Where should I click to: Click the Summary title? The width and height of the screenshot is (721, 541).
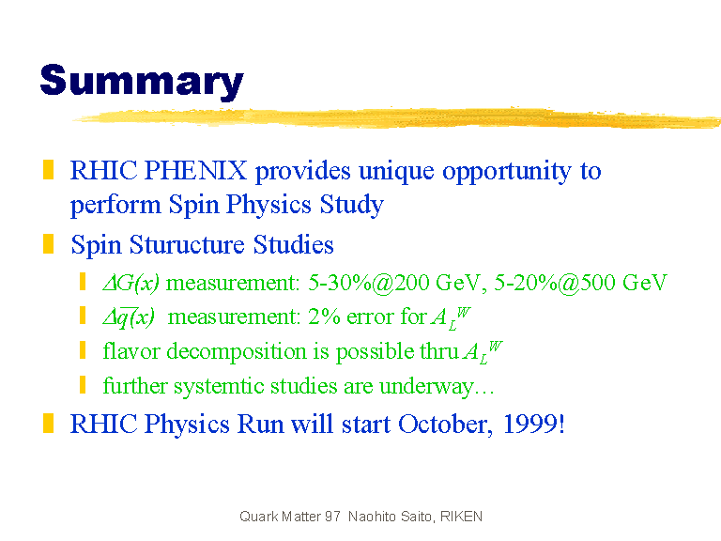pos(142,82)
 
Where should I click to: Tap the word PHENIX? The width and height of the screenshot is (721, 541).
pos(196,170)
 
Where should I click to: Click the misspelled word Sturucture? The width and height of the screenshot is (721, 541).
pos(187,244)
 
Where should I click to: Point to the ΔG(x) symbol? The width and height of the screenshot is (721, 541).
pos(131,283)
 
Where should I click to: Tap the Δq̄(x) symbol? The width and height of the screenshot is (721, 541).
pos(129,317)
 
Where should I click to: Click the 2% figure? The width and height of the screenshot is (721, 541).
pos(324,317)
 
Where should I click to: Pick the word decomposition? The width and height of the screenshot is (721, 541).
pos(237,352)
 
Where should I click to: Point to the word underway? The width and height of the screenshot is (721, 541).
pos(426,387)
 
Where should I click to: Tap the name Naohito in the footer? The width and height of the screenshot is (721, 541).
pos(372,517)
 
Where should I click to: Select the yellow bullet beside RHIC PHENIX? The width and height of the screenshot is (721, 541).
pos(48,169)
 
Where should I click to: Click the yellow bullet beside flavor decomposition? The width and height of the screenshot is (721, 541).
pos(83,350)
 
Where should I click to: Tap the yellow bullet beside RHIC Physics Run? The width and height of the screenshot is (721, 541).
pos(48,424)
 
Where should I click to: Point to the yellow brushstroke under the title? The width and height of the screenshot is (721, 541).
pos(396,117)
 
